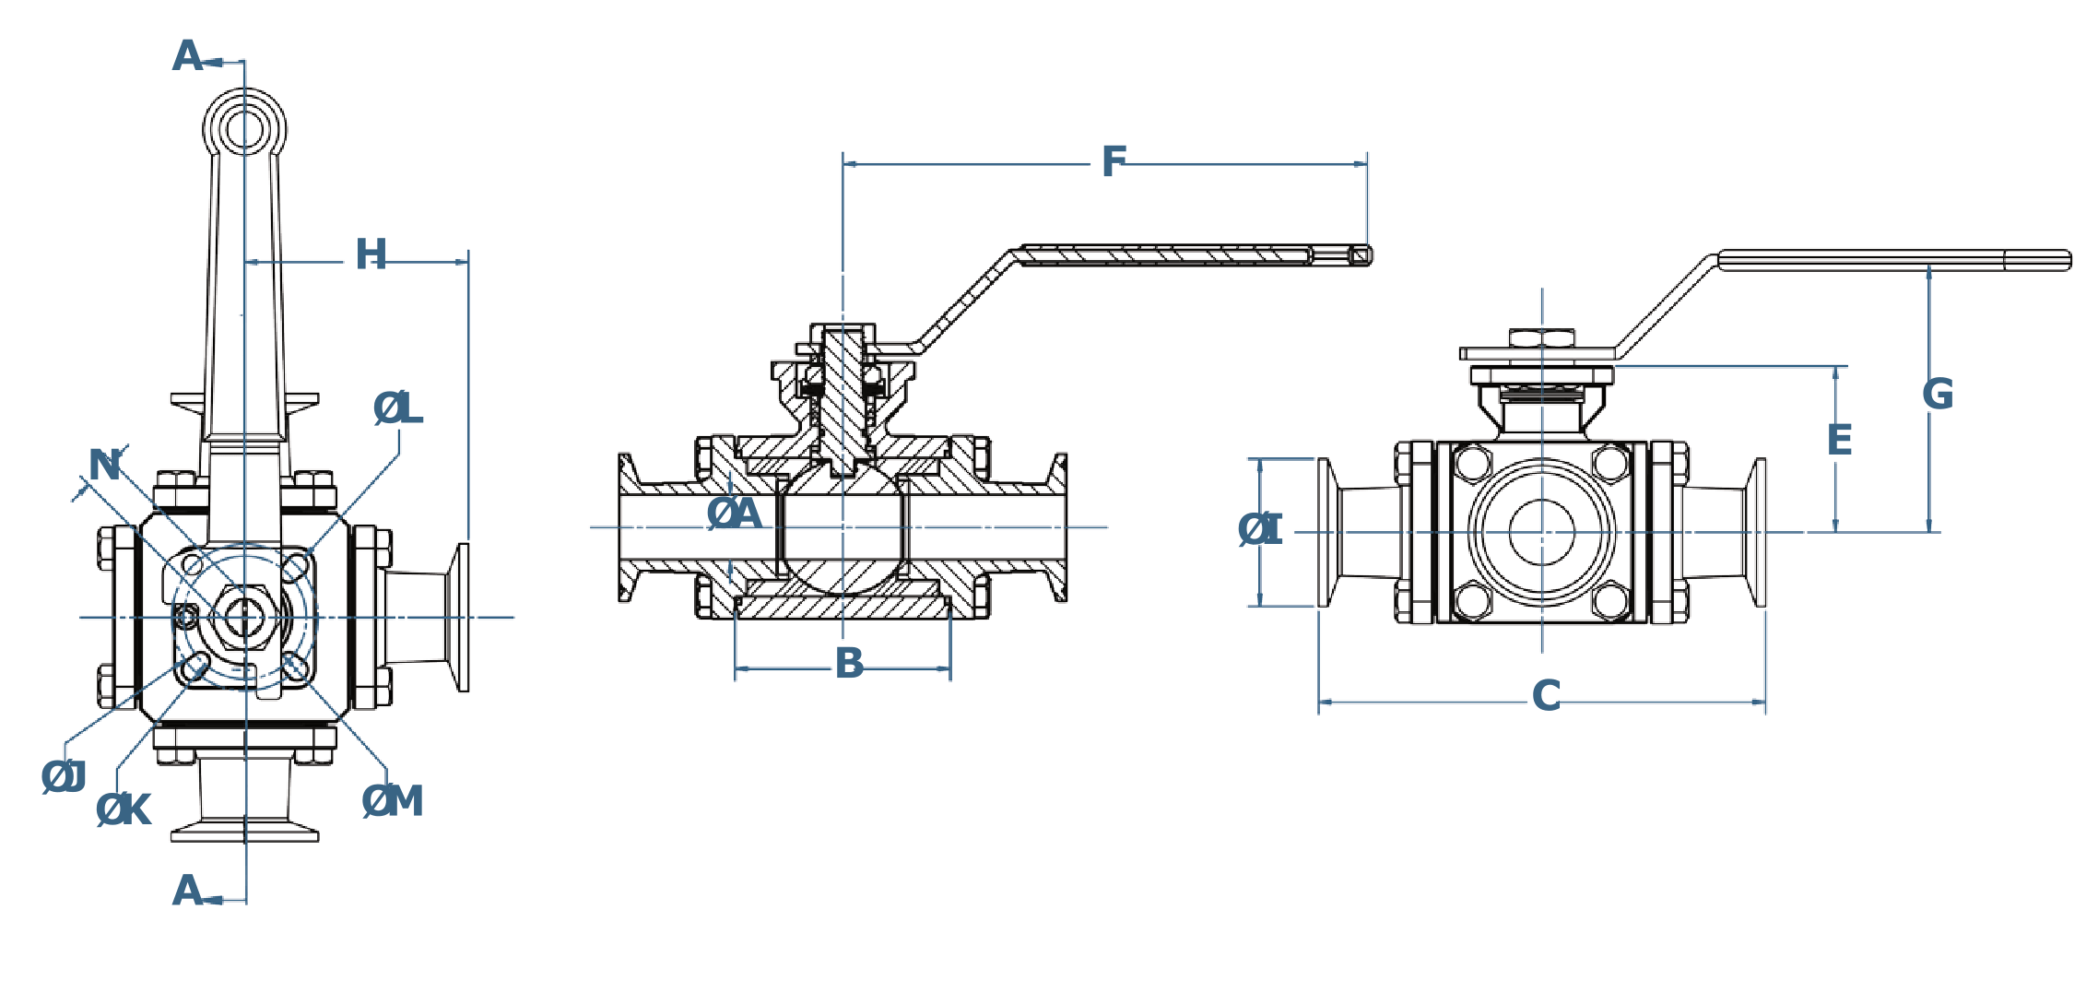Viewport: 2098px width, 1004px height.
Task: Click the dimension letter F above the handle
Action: (x=1114, y=162)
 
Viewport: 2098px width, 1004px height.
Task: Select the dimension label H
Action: (x=371, y=254)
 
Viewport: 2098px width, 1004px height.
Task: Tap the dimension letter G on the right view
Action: (x=1937, y=395)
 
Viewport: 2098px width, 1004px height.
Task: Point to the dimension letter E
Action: (x=1839, y=440)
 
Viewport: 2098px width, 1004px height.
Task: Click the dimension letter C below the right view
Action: (x=1547, y=696)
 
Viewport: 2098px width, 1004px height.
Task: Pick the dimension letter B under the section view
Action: (x=849, y=663)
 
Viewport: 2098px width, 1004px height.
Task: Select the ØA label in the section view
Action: (x=735, y=514)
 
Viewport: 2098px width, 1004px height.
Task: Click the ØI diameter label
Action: (x=1260, y=529)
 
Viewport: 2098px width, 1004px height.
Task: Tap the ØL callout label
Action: (x=398, y=408)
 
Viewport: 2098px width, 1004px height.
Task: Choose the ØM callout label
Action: (x=393, y=802)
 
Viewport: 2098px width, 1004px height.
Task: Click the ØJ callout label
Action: (x=64, y=777)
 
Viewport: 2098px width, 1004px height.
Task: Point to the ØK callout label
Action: (x=124, y=809)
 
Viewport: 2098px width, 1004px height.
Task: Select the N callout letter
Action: (x=104, y=467)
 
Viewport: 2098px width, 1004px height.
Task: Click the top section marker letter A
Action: (x=187, y=57)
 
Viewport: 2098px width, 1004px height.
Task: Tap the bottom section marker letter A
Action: (x=187, y=891)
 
